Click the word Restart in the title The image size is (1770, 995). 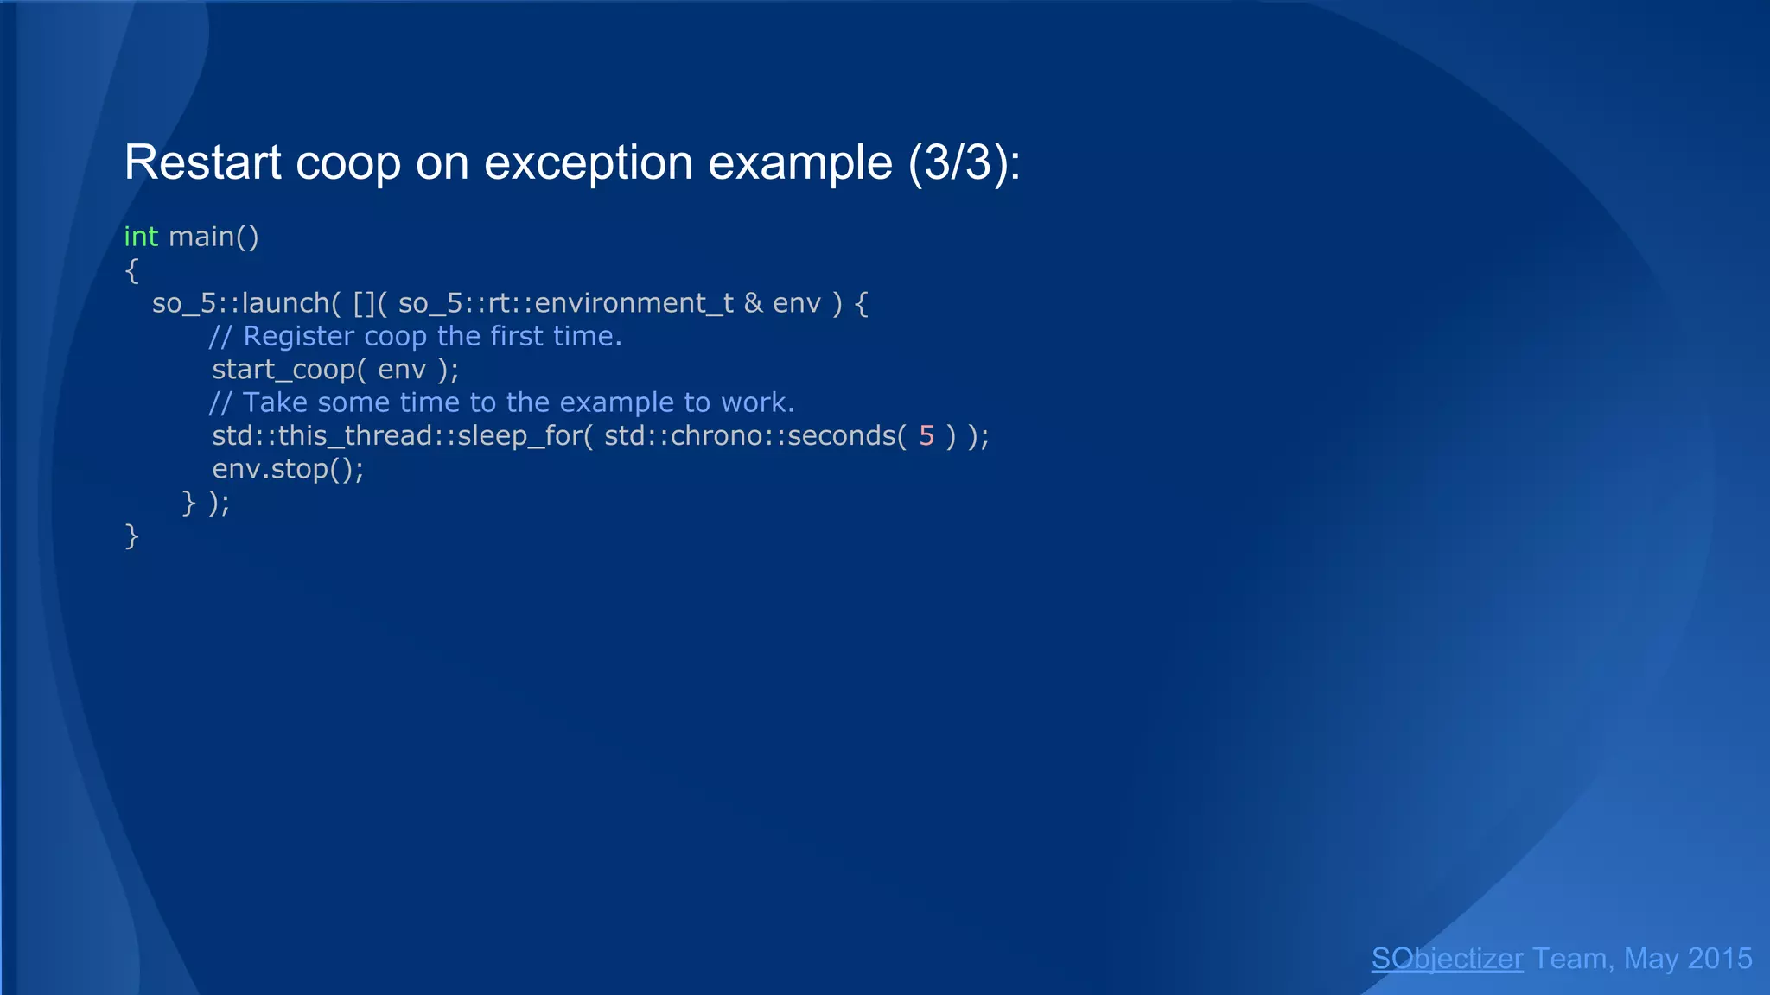(x=202, y=162)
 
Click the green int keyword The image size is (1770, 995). (x=141, y=237)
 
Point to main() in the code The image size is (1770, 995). (x=213, y=237)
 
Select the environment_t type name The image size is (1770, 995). (x=634, y=303)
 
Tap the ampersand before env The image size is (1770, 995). (x=753, y=303)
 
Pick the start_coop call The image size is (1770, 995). (x=285, y=370)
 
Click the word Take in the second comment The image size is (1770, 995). (x=275, y=402)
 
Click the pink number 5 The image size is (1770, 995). (x=926, y=435)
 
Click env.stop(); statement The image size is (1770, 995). (x=288, y=469)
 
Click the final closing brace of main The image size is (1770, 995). (x=131, y=536)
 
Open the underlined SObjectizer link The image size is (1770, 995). (x=1447, y=959)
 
